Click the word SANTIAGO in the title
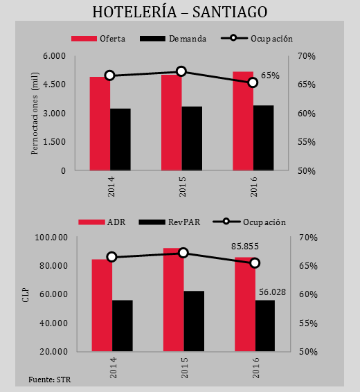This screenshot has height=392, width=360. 230,12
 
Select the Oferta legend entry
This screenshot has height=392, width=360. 98,39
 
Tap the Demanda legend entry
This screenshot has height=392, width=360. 173,39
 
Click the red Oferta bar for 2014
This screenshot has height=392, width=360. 100,123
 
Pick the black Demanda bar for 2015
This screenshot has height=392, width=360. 192,139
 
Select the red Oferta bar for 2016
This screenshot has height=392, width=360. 243,121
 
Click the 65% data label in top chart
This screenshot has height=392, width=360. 270,75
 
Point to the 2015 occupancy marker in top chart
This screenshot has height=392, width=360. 181,72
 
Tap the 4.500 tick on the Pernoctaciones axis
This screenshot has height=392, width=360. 54,84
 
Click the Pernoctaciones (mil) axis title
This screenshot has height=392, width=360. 35,114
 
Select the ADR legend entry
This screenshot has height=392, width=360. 102,222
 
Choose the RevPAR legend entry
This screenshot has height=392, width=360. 170,222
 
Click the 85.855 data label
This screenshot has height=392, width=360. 245,247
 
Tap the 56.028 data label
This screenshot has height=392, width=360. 272,292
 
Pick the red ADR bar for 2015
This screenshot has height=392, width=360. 173,299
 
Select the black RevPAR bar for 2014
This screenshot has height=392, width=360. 123,326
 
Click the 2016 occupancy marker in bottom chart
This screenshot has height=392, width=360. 255,263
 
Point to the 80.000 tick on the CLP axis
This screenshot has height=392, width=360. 54,265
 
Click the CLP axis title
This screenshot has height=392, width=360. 26,295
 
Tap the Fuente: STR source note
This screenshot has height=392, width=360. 49,380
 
